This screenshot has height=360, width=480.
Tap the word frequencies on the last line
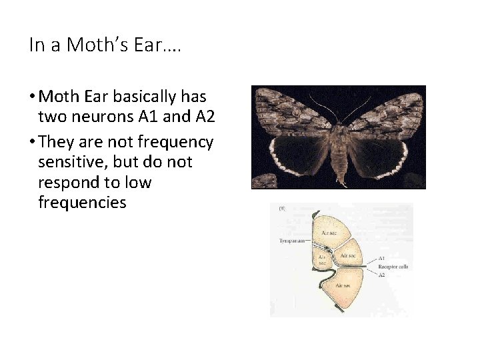point(82,203)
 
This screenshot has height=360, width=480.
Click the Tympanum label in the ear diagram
point(292,241)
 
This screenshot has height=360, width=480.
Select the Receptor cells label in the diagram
point(393,267)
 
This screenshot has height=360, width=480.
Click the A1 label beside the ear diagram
point(381,258)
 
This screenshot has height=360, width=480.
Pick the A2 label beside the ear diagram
point(381,275)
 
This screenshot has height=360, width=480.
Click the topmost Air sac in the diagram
point(329,233)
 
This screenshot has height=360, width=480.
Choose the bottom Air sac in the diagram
point(343,285)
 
